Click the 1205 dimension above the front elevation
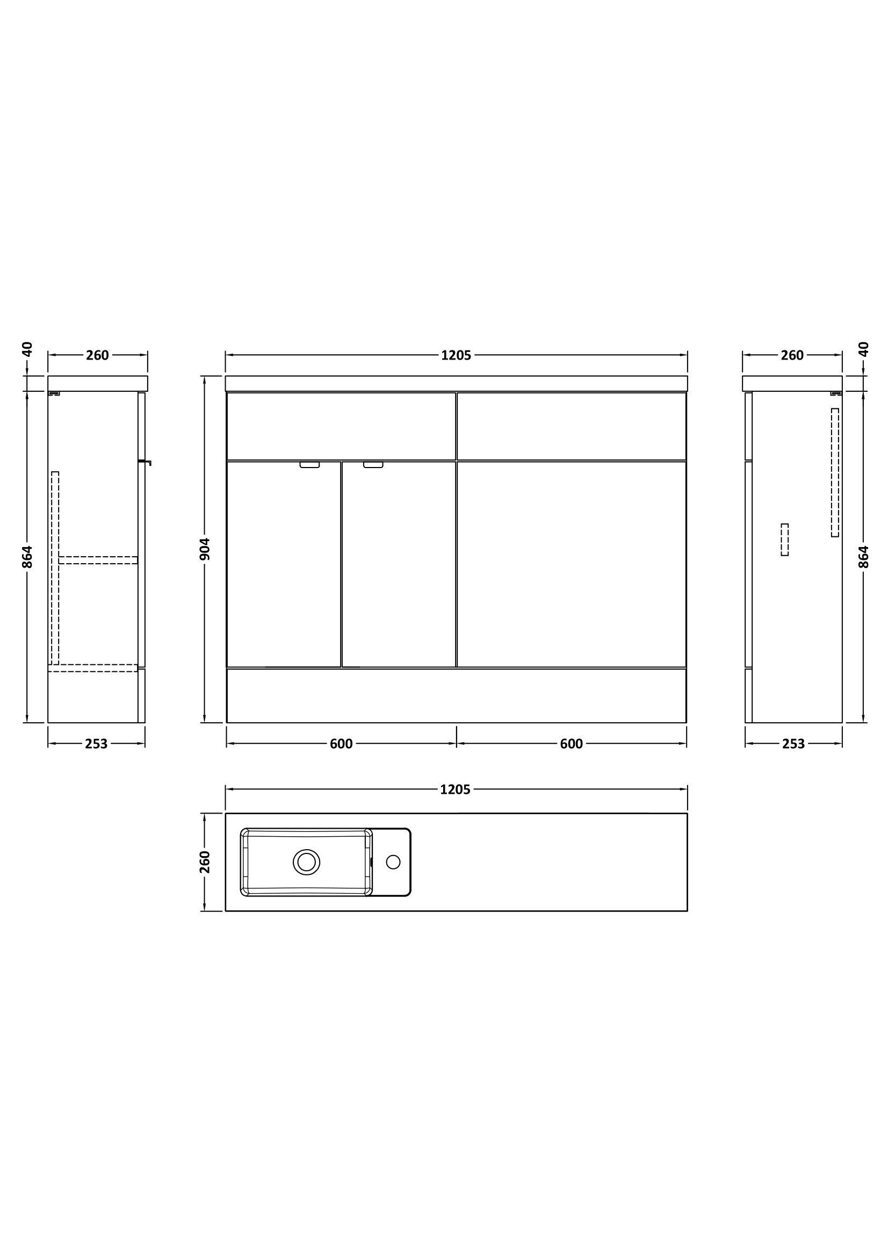[456, 355]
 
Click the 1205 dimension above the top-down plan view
[455, 789]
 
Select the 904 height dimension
[205, 549]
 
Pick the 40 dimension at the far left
[27, 349]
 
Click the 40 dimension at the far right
[863, 349]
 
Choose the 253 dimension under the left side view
[96, 743]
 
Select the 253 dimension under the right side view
[793, 743]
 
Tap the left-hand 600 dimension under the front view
[341, 743]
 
